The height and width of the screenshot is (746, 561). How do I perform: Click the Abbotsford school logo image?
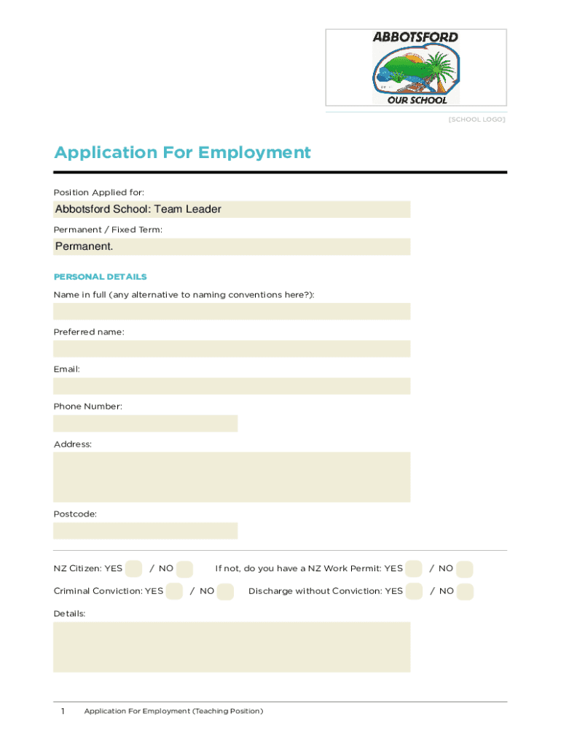(415, 68)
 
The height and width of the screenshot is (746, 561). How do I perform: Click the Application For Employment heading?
(182, 152)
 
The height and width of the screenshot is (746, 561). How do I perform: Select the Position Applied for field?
(232, 209)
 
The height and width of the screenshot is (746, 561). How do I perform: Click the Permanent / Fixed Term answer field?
(232, 246)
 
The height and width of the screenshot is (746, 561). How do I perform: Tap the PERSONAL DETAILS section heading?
(100, 277)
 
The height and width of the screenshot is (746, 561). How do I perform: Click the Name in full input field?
(232, 312)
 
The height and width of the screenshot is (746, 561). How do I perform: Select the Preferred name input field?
(232, 349)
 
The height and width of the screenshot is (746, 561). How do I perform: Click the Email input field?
(232, 386)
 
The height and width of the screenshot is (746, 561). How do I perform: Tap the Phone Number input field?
(145, 423)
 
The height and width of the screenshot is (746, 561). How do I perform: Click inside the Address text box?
(232, 477)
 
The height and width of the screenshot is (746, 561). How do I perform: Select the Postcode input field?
(145, 530)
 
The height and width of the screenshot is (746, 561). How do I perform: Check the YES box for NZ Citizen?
(133, 568)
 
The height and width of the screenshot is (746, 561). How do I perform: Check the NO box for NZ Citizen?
(184, 568)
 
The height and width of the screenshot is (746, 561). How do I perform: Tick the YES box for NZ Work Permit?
(414, 568)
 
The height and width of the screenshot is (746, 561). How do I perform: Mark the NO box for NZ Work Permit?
(465, 568)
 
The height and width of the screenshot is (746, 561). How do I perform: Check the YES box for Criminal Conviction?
(174, 591)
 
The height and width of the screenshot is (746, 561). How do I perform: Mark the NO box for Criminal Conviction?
(225, 591)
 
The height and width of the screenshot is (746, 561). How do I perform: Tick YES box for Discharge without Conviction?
(414, 591)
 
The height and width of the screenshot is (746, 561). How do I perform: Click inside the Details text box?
(232, 647)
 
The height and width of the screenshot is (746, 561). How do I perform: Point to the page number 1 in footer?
(63, 711)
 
